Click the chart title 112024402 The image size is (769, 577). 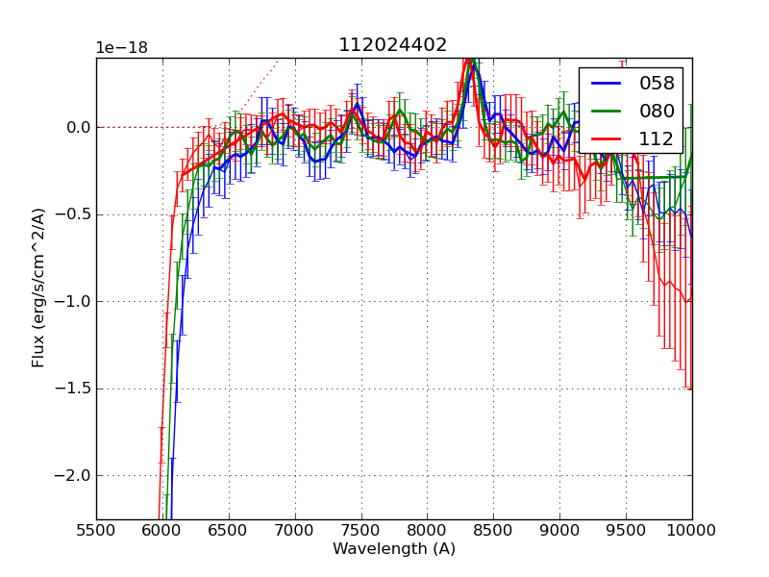click(392, 45)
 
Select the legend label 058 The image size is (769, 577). click(656, 84)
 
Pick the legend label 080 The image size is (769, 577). click(656, 111)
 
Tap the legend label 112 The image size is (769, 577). click(656, 138)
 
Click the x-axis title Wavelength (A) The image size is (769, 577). click(394, 549)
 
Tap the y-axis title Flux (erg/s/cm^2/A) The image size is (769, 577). click(38, 288)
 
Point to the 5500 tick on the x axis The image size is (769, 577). click(96, 529)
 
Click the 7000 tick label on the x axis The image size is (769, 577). click(295, 529)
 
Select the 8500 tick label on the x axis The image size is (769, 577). click(493, 529)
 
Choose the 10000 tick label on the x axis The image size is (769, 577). click(692, 529)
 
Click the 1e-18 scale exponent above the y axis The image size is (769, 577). click(122, 48)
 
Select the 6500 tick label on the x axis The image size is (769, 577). click(229, 529)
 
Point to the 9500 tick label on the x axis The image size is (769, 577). click(626, 529)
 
